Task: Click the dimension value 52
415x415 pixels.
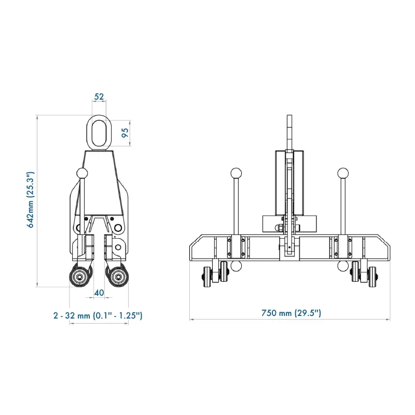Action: tap(99, 96)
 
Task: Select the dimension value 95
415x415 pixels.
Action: tap(125, 133)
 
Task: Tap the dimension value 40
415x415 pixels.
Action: tap(99, 293)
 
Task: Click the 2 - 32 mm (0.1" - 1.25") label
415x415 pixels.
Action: tap(98, 315)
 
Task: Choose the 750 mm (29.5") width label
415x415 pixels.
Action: tap(290, 313)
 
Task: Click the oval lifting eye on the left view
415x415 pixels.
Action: tap(99, 133)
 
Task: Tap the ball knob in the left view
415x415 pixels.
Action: tap(82, 173)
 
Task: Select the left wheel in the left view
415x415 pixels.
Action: tap(80, 277)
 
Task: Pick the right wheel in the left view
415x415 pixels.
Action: tap(118, 277)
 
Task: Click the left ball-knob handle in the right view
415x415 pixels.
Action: tap(236, 172)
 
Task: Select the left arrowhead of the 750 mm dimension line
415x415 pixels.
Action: tap(191, 319)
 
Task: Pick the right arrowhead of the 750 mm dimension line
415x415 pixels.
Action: tap(390, 319)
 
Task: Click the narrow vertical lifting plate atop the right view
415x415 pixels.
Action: tap(289, 132)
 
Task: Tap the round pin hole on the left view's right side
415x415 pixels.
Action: tap(118, 228)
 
